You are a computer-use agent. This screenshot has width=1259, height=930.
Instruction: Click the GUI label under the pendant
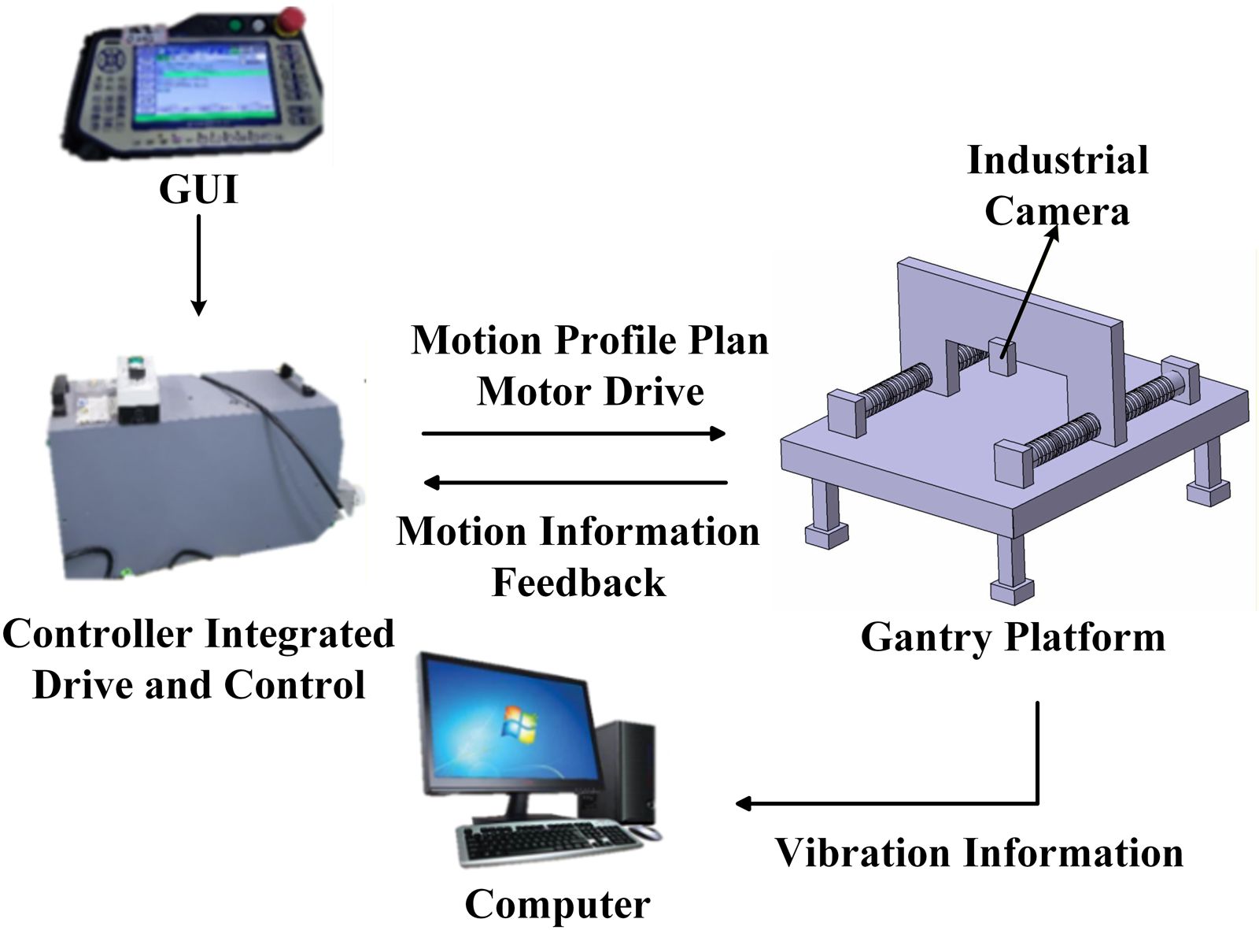[198, 189]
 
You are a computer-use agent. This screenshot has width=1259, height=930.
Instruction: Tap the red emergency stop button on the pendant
[292, 19]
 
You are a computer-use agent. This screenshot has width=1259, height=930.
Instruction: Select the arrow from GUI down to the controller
[198, 265]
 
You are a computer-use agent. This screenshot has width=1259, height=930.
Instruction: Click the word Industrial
[1058, 160]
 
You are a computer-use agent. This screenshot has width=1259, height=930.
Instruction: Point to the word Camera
[1057, 211]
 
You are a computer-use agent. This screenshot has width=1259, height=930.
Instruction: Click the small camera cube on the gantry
[1002, 357]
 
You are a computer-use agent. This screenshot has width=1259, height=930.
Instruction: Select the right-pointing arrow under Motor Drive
[574, 433]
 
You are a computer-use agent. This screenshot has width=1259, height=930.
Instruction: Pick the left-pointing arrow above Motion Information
[575, 483]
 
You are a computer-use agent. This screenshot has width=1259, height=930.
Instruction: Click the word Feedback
[578, 582]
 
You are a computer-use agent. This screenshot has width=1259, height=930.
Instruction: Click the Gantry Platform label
[1013, 637]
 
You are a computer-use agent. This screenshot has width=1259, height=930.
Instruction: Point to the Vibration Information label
[979, 853]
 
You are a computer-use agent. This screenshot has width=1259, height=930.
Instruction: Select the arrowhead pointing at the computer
[744, 803]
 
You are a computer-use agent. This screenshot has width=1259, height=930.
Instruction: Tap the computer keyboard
[548, 843]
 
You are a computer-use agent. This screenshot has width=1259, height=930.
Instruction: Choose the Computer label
[557, 905]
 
